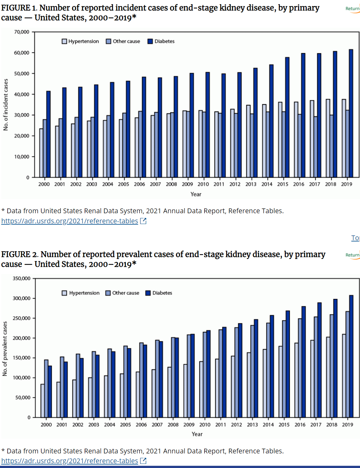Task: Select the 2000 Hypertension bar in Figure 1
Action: (x=41, y=153)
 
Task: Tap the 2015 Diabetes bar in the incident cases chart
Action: (x=287, y=117)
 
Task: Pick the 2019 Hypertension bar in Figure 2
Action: (x=344, y=376)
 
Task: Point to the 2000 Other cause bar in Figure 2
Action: (x=46, y=388)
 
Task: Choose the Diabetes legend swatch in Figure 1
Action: (x=150, y=41)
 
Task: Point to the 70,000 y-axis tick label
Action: (x=22, y=32)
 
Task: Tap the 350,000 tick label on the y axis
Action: (x=22, y=278)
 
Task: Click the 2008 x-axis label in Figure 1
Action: (x=171, y=184)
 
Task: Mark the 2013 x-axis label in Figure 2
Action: (x=252, y=425)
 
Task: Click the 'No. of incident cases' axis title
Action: (x=6, y=105)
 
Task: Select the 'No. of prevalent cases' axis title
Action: (x=5, y=349)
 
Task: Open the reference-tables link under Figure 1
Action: (x=70, y=221)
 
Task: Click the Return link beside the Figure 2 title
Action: (x=352, y=255)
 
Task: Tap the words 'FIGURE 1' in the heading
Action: (x=19, y=8)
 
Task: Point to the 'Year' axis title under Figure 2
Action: (x=197, y=434)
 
